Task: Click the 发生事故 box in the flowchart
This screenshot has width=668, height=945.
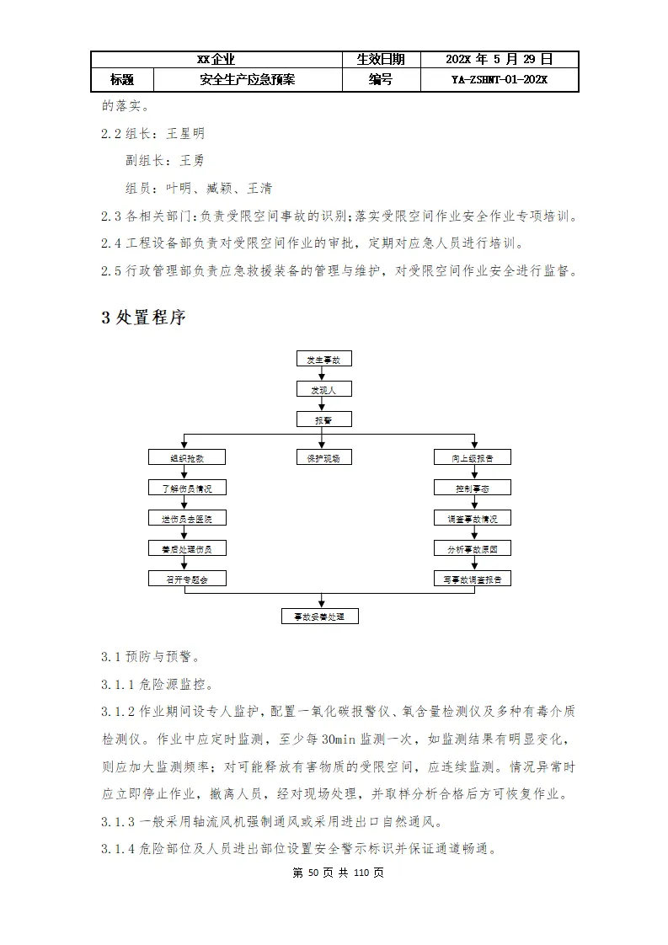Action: coord(323,359)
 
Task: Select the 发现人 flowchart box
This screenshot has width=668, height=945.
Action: coord(323,389)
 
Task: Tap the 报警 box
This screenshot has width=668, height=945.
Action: coord(323,419)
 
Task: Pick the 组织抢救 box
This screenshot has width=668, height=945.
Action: coord(187,457)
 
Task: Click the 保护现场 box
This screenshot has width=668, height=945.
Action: coord(323,457)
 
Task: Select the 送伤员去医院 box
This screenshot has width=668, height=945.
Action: coord(187,518)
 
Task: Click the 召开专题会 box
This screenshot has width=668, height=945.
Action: coord(187,579)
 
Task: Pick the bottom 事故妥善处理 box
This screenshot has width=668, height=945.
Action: coord(320,617)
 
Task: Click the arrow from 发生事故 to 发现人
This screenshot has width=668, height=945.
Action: coord(323,374)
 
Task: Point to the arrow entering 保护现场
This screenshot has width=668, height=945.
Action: coord(323,443)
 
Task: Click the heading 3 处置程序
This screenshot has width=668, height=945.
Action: coord(143,318)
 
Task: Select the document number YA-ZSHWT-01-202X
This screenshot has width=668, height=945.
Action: coord(500,80)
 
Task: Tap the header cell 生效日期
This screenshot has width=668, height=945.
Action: coord(381,59)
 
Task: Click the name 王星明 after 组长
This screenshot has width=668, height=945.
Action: coord(185,133)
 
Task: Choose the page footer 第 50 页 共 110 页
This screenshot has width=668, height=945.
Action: coord(338,873)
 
